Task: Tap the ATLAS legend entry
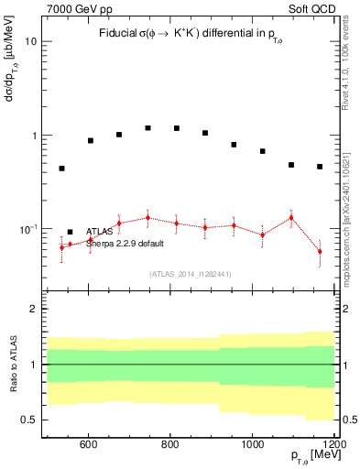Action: pos(100,232)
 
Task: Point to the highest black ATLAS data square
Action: pos(147,128)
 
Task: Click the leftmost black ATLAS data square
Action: pos(61,169)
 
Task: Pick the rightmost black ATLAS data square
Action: pos(320,167)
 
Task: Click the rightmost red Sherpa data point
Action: pos(320,252)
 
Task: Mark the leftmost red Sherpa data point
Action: pos(61,247)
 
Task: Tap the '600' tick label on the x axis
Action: pos(89,445)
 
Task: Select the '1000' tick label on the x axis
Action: pos(254,445)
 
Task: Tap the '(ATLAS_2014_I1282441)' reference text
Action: pos(191,274)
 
